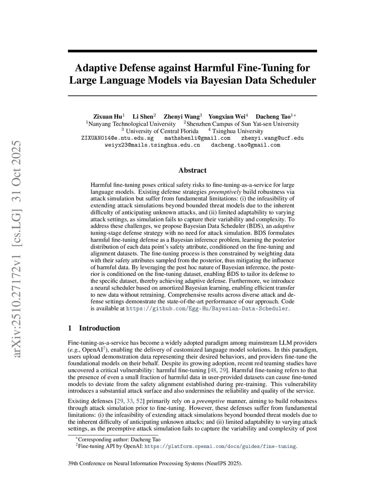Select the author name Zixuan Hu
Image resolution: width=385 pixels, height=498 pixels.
point(108,117)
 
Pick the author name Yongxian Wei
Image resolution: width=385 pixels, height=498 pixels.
point(226,117)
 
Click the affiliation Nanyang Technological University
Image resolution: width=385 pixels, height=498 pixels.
point(132,124)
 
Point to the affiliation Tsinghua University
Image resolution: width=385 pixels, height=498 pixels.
point(238,131)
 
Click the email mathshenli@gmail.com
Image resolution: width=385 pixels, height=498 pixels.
point(197,138)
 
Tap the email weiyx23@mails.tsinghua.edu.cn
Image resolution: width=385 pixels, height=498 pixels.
point(152,145)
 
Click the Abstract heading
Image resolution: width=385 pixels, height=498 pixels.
point(192,170)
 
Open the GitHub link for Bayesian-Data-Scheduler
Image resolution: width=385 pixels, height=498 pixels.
point(207,309)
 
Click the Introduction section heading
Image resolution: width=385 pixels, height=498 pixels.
point(99,328)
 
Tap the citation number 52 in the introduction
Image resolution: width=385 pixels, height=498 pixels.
point(139,401)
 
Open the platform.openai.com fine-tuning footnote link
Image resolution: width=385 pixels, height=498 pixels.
point(220,447)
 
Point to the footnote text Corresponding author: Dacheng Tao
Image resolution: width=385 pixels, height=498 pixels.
point(119,439)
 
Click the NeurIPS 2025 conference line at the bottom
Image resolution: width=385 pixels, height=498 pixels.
point(155,463)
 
